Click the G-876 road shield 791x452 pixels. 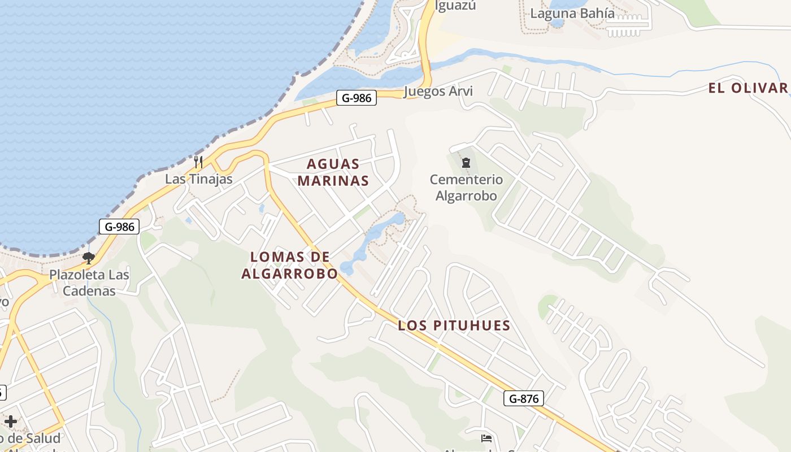click(x=523, y=398)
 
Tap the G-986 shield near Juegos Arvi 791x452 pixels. click(x=357, y=98)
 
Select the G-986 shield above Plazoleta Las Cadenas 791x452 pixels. click(x=119, y=227)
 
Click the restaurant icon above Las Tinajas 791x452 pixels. click(x=198, y=162)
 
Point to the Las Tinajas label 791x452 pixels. click(x=199, y=179)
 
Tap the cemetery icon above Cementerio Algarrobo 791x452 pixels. click(x=466, y=163)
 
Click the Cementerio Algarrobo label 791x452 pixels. click(x=466, y=188)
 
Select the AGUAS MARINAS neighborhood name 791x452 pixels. click(x=333, y=172)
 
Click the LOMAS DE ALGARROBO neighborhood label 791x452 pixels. click(x=289, y=265)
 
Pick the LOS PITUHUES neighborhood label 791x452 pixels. click(x=454, y=325)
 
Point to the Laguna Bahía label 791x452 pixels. click(x=572, y=13)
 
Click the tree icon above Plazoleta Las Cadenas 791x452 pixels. click(x=88, y=258)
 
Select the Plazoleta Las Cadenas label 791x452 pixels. click(x=89, y=283)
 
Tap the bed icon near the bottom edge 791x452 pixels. click(x=486, y=438)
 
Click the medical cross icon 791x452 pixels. click(x=11, y=421)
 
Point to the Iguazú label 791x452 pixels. click(x=455, y=6)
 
